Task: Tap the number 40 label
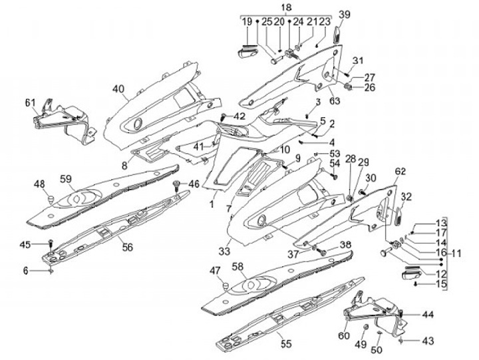118,89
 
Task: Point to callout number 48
39,184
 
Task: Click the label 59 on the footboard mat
66,178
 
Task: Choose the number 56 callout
127,247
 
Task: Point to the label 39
344,15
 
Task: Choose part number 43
428,341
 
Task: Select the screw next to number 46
176,184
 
